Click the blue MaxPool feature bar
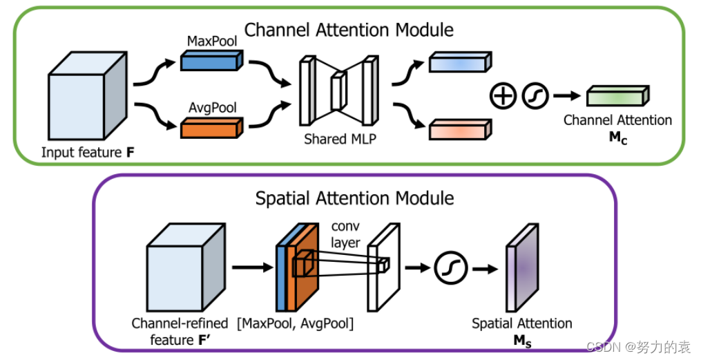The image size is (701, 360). tap(209, 60)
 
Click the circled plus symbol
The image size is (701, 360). tap(503, 95)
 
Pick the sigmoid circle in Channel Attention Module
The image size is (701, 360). tap(535, 95)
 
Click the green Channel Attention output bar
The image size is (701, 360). tap(617, 96)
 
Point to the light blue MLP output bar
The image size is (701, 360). tap(460, 62)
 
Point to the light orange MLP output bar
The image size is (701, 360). tap(460, 129)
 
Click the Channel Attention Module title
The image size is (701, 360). tap(349, 30)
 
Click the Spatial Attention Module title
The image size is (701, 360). tap(354, 198)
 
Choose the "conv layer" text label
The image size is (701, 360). tap(346, 235)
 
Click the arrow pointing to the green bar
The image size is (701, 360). tap(567, 96)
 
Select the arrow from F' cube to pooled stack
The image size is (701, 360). tap(251, 266)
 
